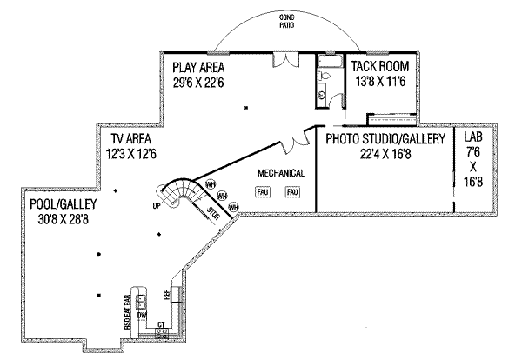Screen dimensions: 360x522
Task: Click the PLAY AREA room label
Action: point(199,67)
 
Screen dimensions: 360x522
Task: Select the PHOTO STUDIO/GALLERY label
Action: point(385,139)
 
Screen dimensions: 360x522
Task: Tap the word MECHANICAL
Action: point(280,173)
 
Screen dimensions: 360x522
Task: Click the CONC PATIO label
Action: point(286,22)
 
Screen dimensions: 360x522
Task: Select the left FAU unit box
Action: point(263,191)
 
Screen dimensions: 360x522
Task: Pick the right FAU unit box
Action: point(292,191)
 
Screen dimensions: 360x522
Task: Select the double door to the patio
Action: point(285,59)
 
